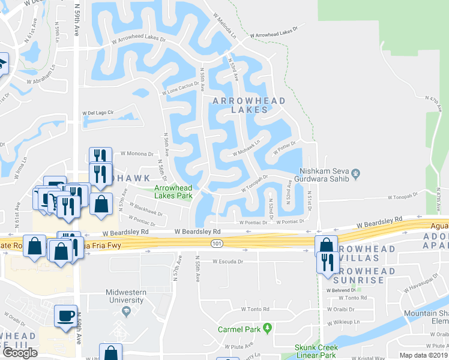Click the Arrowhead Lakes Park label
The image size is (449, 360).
(174, 191)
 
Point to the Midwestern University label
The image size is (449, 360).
(126, 296)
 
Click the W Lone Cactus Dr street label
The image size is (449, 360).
(180, 89)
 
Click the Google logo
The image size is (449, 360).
(20, 352)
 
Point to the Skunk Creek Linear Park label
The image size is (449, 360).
(316, 351)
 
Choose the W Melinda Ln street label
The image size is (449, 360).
(225, 26)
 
